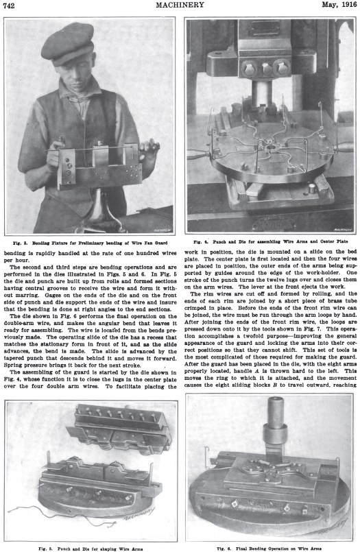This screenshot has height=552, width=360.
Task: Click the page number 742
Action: [x=9, y=5]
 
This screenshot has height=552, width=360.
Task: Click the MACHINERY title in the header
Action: [x=180, y=5]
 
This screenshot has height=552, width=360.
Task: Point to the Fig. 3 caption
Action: [x=90, y=243]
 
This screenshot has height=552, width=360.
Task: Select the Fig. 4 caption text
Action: [x=271, y=241]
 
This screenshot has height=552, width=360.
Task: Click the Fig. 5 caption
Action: [x=91, y=549]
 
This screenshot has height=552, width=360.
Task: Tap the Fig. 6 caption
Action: [x=269, y=549]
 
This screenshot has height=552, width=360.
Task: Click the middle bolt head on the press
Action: [x=267, y=69]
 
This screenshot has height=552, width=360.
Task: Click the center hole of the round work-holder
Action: [x=271, y=146]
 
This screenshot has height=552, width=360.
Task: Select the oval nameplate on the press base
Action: [x=274, y=222]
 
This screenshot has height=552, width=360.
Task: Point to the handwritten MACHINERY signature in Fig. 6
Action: [x=332, y=527]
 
